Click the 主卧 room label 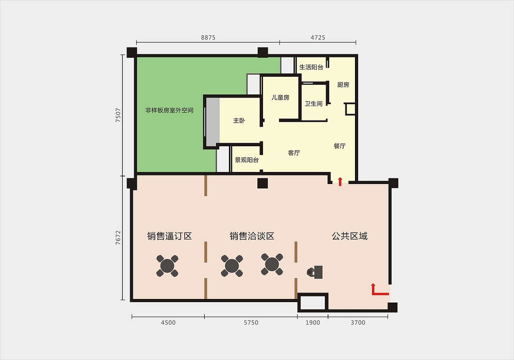pos(239,121)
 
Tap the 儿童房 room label pos(280,98)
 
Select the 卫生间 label pos(313,104)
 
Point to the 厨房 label pos(343,85)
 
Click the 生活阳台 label pos(311,67)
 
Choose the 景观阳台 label pos(247,160)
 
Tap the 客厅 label pos(294,153)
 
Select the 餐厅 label pos(339,146)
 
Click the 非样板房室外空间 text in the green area pos(169,110)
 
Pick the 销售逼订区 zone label pos(169,236)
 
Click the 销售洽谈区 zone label pos(252,236)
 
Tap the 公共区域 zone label pos(349,236)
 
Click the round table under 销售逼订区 pos(167,266)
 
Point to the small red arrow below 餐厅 pos(340,182)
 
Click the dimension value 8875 pos(208,37)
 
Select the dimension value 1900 pos(312,323)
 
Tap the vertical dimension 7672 pos(118,237)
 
